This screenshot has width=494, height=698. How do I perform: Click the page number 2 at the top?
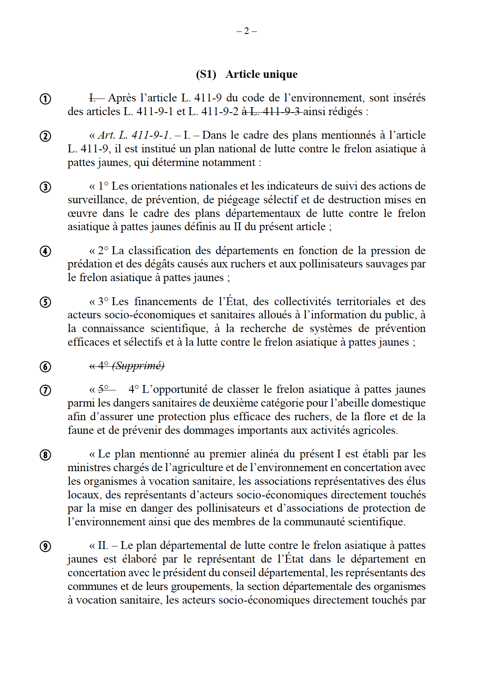click(x=247, y=31)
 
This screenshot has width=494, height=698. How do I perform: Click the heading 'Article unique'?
click(x=261, y=74)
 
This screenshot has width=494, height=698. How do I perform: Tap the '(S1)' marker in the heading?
click(x=206, y=74)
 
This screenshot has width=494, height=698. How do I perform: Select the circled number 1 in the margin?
click(x=45, y=99)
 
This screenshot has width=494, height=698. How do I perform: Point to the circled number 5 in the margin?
click(x=45, y=302)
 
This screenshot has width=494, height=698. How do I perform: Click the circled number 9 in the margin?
click(x=45, y=546)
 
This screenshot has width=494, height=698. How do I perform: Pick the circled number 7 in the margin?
click(x=45, y=390)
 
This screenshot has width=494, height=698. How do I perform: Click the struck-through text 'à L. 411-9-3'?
click(x=271, y=111)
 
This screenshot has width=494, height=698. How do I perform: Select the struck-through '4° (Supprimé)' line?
click(x=127, y=366)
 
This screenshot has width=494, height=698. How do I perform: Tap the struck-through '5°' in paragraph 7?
click(x=103, y=389)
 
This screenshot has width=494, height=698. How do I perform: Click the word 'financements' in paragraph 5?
click(x=166, y=301)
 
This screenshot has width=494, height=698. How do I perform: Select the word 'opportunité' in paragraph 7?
click(x=178, y=389)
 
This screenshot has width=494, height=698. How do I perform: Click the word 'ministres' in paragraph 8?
click(x=88, y=467)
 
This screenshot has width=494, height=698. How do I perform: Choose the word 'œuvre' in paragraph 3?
click(x=79, y=213)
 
